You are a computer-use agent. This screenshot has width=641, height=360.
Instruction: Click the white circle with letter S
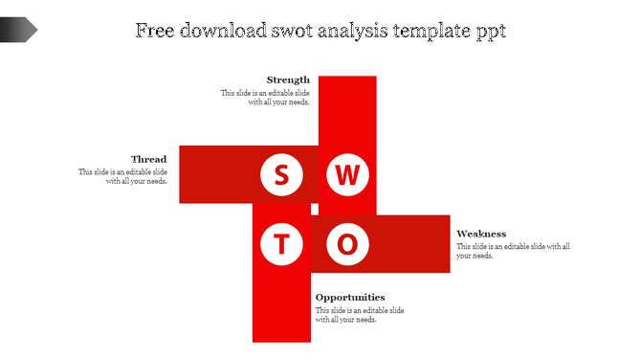pos(281,175)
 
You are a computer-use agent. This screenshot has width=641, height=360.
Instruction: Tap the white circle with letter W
pos(348,175)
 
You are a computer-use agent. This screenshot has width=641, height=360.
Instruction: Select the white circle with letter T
pos(281,244)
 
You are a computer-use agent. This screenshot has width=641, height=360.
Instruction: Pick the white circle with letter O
pos(348,244)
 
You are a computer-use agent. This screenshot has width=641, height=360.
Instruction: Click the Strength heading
pos(288,79)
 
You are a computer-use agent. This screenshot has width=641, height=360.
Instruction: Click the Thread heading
pos(148,159)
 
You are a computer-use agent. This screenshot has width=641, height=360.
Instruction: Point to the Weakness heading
pos(481,234)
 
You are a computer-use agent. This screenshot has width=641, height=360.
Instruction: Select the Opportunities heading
pos(350,297)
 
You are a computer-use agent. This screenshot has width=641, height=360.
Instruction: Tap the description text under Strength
pos(266,98)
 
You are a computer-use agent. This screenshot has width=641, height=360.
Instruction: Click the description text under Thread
pos(123,176)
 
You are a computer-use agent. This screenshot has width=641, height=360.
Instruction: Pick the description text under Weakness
pos(513,251)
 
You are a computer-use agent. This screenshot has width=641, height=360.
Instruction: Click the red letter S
pos(281,175)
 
